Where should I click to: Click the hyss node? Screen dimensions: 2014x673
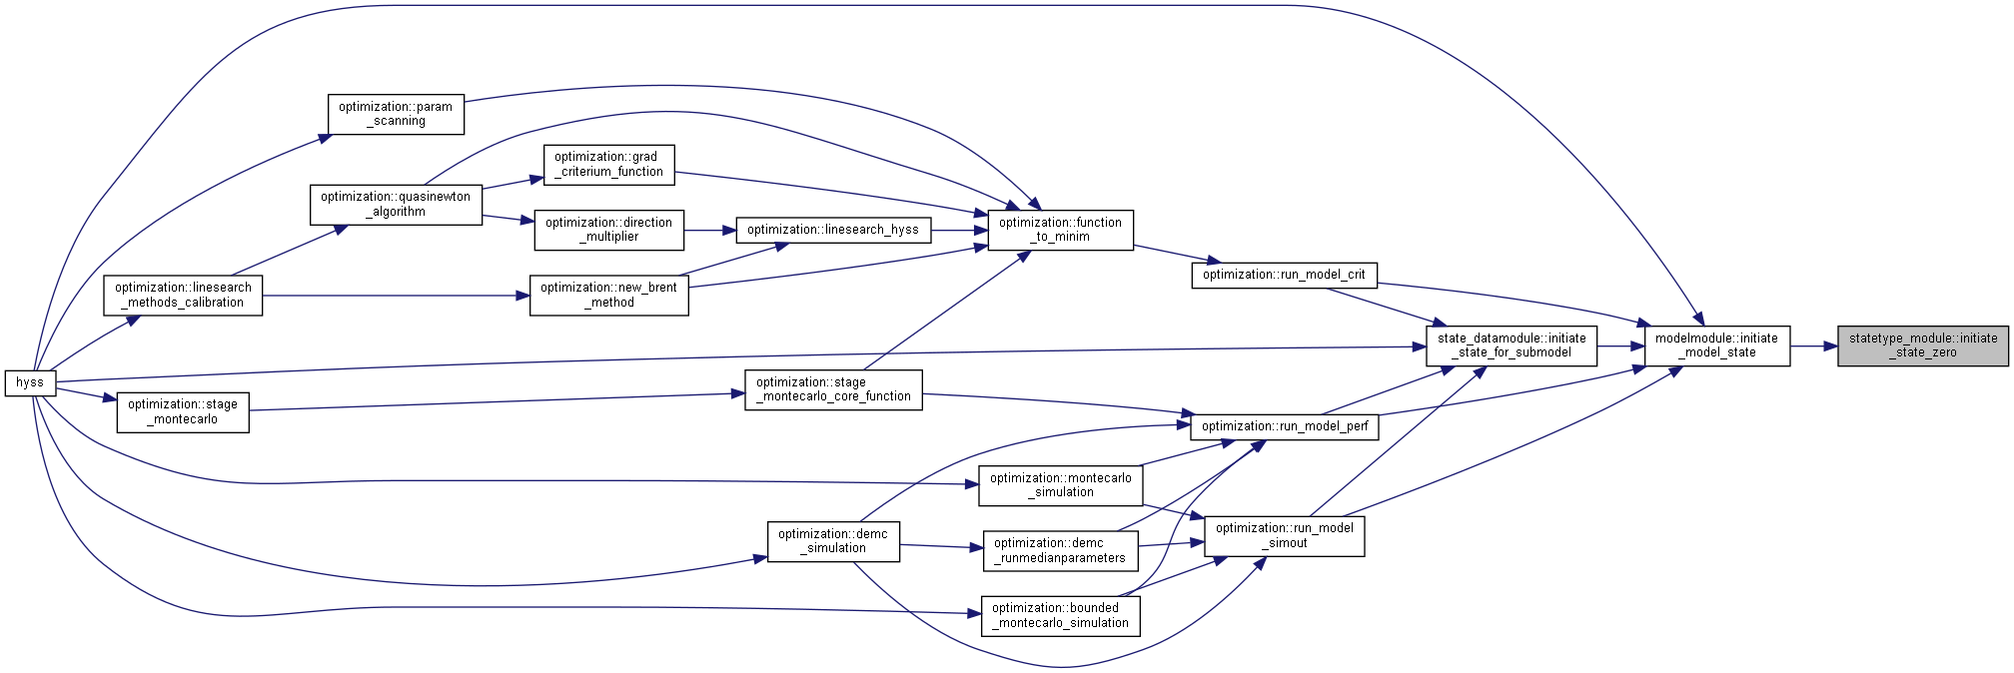point(30,382)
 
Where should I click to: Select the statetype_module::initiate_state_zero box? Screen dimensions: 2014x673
point(1923,345)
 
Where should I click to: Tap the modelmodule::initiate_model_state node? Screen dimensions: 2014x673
point(1716,345)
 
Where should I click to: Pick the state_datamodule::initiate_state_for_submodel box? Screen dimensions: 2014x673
point(1511,345)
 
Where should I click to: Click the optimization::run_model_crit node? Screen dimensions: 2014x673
point(1284,275)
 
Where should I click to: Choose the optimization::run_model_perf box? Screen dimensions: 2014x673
point(1285,426)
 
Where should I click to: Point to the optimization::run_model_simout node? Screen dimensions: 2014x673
point(1285,536)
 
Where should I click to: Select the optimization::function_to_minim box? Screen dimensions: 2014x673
point(1060,230)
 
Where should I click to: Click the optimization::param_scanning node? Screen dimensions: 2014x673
point(396,114)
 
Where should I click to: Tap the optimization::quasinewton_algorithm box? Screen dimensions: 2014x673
point(396,205)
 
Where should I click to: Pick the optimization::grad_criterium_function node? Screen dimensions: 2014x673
point(608,165)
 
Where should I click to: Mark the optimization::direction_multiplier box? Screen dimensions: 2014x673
point(608,230)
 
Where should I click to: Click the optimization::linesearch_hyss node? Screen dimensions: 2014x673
point(833,230)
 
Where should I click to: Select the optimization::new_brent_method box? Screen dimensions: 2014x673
point(608,296)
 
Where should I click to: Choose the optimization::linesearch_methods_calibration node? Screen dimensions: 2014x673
point(183,296)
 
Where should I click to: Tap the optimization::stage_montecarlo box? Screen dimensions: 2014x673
point(183,412)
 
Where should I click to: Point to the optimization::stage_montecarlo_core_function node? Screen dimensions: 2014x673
point(833,389)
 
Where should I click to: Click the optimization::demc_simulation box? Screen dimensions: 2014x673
point(833,541)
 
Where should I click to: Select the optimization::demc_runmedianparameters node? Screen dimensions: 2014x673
point(1060,551)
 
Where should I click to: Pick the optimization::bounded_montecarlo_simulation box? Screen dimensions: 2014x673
point(1060,615)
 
